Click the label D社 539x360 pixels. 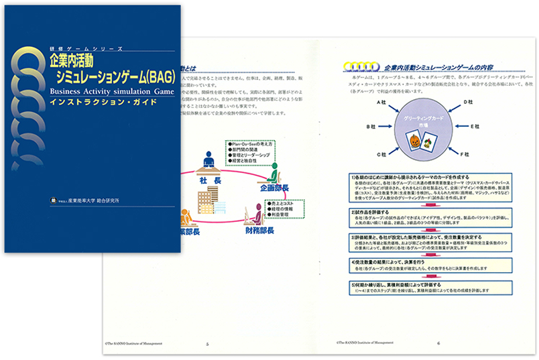click(470, 102)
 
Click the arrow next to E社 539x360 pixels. click(459, 127)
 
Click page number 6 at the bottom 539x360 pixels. click(438, 343)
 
